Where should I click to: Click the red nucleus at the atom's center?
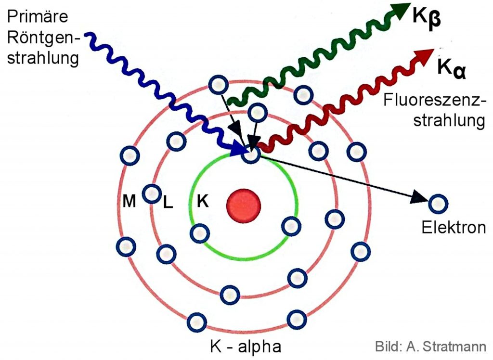click(244, 205)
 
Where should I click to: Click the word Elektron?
click(454, 227)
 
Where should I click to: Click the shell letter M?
click(129, 201)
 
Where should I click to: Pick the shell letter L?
click(168, 202)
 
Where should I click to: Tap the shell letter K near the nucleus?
click(203, 201)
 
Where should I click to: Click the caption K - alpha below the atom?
click(246, 346)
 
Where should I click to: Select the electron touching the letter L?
click(152, 193)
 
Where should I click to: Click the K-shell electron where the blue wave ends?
click(251, 154)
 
